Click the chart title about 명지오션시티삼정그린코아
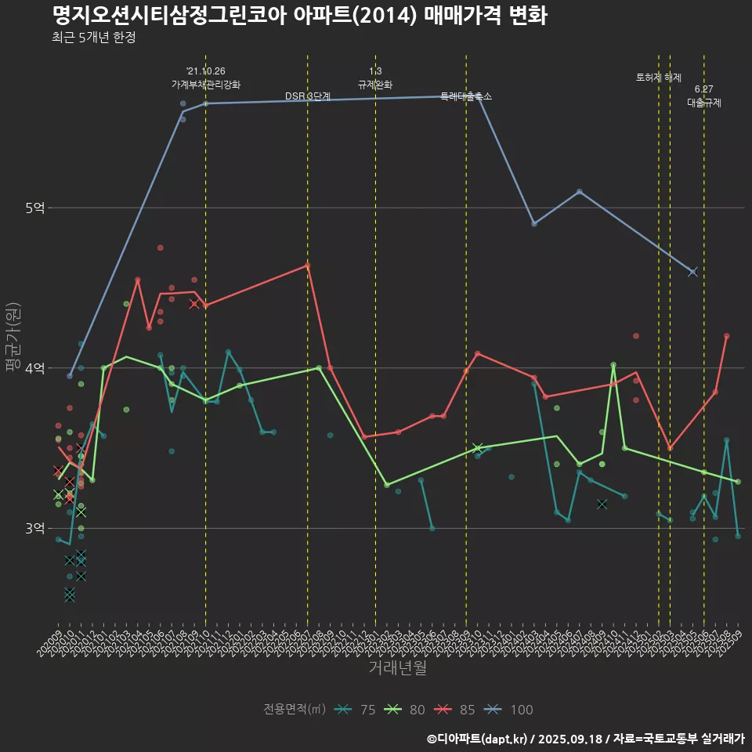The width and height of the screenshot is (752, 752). (299, 16)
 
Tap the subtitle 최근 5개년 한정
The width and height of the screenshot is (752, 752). (94, 38)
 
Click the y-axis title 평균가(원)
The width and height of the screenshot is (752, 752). (13, 337)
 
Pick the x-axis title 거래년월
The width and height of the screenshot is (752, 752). (397, 668)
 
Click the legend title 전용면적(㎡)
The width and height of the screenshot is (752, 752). (295, 710)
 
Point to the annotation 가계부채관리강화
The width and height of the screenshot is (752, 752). (206, 85)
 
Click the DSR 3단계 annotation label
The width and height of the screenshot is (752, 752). (308, 96)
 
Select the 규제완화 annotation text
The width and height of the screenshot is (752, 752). (375, 85)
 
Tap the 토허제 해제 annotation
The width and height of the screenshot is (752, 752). (659, 78)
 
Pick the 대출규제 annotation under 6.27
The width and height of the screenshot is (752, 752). (704, 103)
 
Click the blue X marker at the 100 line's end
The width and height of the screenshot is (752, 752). (692, 272)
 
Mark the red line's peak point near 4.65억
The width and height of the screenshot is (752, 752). (307, 266)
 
